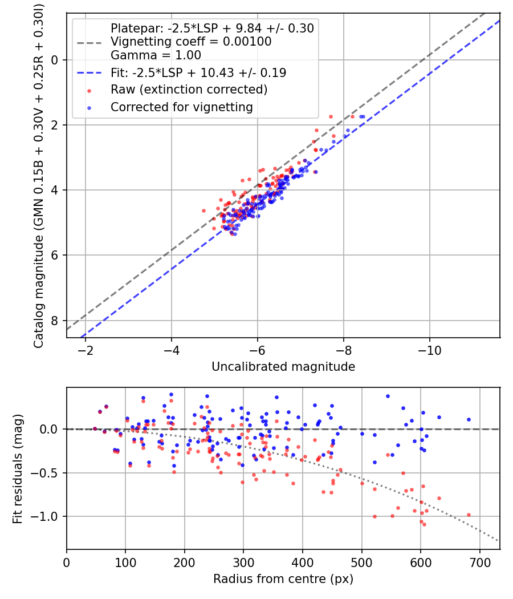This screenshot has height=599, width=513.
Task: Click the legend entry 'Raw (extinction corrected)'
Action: pos(189,90)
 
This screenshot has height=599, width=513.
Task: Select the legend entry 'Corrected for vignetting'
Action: pos(181,107)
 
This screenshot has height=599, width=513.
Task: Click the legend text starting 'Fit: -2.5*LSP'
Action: pos(198,73)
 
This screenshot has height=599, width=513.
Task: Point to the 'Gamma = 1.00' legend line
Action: pos(156,55)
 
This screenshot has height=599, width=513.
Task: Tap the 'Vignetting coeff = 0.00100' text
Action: pos(191,42)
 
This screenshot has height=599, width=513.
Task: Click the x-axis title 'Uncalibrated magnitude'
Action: pos(283,367)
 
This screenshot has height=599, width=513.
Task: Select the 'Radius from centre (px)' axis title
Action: pos(283,579)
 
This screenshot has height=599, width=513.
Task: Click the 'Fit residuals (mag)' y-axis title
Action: pos(18,468)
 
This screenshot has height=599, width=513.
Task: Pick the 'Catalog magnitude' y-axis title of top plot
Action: pos(38,175)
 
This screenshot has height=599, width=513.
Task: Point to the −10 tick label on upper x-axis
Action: pos(429,350)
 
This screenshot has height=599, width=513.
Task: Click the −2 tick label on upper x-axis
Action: pos(86,350)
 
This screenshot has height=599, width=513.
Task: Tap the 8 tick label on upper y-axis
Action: pos(55,321)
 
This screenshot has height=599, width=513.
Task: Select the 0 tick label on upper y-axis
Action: pos(55,60)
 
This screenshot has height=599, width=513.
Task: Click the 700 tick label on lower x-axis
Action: pos(479,562)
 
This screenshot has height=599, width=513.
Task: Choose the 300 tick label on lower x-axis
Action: pos(243,562)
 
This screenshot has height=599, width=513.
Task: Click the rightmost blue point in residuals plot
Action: pos(469,419)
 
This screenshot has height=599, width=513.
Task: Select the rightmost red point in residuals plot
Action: pos(469,515)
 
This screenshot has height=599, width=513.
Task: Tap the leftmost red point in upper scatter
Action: pos(203,211)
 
